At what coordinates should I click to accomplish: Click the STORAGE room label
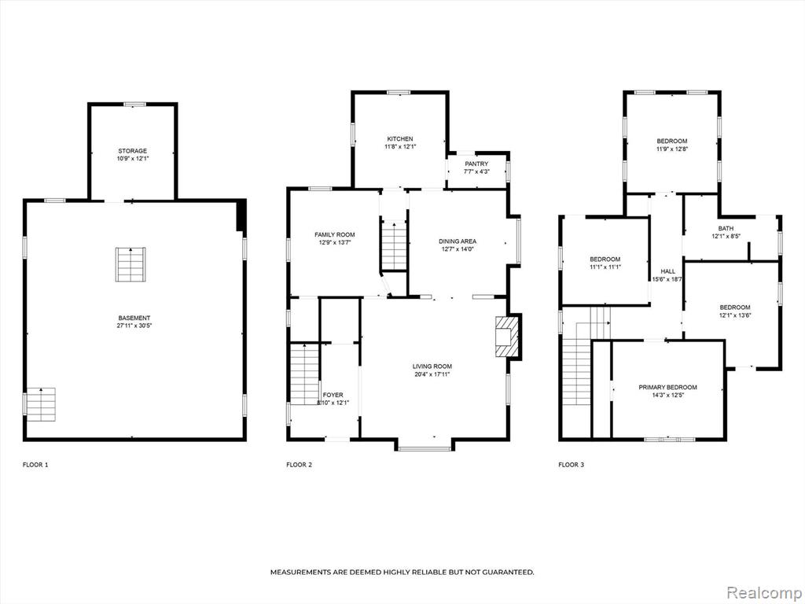(x=132, y=151)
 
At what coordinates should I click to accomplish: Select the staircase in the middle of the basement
(x=131, y=264)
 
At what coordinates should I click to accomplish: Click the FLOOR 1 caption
(x=35, y=465)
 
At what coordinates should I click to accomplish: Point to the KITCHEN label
(x=400, y=139)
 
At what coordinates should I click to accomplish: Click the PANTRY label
(x=477, y=164)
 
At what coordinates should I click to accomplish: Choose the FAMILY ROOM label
(x=335, y=234)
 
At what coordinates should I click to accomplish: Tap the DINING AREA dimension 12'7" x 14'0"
(x=458, y=249)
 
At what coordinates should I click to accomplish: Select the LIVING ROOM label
(x=432, y=366)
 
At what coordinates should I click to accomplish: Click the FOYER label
(x=333, y=395)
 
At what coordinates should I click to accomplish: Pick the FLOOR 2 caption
(x=300, y=465)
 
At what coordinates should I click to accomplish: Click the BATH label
(x=726, y=229)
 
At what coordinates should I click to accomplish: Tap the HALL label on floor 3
(x=668, y=271)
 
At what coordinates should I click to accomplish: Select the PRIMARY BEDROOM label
(x=668, y=387)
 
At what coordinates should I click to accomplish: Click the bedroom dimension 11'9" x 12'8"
(x=672, y=149)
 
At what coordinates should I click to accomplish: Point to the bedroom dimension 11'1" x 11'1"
(x=605, y=267)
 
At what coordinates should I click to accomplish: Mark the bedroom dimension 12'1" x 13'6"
(x=735, y=315)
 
